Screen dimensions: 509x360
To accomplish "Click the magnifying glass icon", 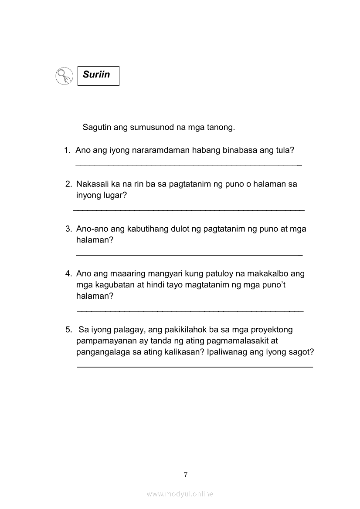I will point(64,76).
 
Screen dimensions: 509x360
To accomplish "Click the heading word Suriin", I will point(96,74).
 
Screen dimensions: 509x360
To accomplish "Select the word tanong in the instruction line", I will point(221,128).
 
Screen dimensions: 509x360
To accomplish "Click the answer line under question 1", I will point(188,165).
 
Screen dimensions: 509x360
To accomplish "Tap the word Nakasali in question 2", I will point(93,184).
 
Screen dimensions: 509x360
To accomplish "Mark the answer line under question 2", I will point(188,210).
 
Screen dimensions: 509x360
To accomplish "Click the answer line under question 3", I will point(188,254).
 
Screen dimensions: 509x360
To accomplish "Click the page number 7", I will point(186,475).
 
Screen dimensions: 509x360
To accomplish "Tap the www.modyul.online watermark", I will point(180,494).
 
